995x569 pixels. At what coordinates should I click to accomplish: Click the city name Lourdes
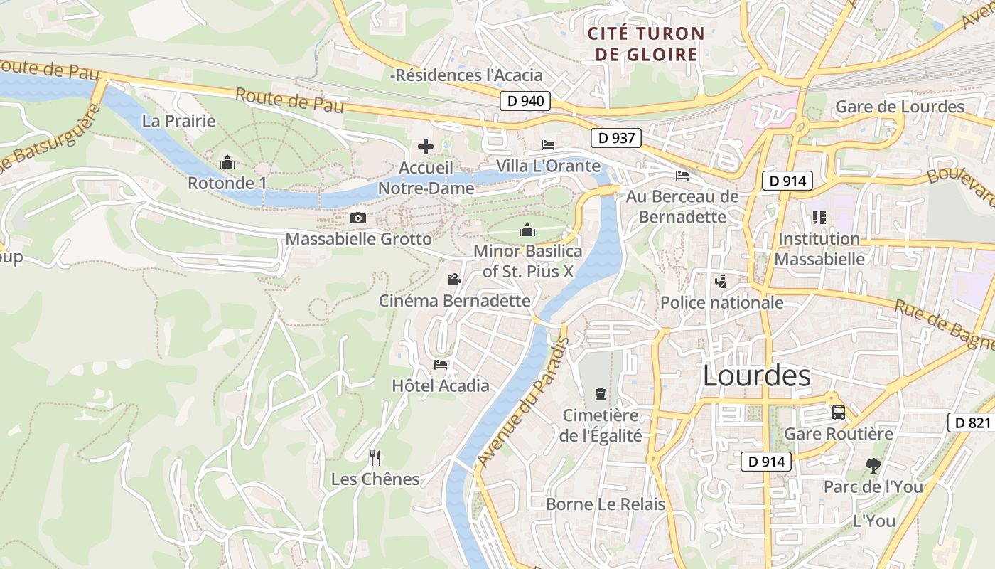tap(756, 376)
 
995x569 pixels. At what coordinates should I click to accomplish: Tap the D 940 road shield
tap(525, 101)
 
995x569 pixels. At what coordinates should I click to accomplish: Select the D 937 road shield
tap(615, 138)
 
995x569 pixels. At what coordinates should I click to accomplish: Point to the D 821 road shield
tap(972, 423)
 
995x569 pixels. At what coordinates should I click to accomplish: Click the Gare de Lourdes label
tap(899, 107)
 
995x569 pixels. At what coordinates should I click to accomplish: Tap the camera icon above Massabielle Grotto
tap(358, 218)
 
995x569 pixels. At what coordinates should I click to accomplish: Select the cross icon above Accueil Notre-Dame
tap(426, 147)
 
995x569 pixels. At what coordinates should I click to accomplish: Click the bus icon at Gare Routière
tap(839, 413)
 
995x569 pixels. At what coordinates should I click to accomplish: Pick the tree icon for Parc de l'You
tap(873, 466)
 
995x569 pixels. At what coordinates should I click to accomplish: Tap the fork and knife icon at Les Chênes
tap(375, 458)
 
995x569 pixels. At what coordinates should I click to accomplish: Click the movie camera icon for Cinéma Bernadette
tap(453, 280)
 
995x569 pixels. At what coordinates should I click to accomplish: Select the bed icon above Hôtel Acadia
tap(441, 365)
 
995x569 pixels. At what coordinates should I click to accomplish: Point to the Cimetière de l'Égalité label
tap(601, 425)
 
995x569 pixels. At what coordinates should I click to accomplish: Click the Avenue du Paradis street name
tap(523, 402)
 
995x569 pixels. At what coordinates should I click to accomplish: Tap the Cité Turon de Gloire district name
tap(646, 44)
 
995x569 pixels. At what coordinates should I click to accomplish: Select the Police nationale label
tap(721, 303)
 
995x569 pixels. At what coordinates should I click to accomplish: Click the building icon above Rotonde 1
tap(227, 163)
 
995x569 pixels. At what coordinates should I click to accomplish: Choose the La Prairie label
tap(178, 121)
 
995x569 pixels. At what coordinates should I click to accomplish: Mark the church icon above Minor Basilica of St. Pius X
tap(527, 230)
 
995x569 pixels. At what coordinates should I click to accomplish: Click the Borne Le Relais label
tap(606, 504)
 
